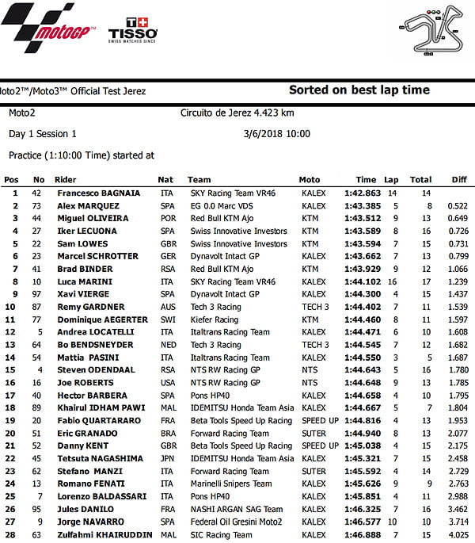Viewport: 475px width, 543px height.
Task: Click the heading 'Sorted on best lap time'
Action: coord(359,90)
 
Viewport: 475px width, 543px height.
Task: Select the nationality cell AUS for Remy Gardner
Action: coord(165,307)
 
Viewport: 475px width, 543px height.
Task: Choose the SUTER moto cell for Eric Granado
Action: coord(313,434)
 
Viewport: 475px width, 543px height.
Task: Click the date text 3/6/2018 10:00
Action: coord(278,134)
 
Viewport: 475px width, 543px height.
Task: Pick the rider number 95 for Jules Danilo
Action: coord(37,510)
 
